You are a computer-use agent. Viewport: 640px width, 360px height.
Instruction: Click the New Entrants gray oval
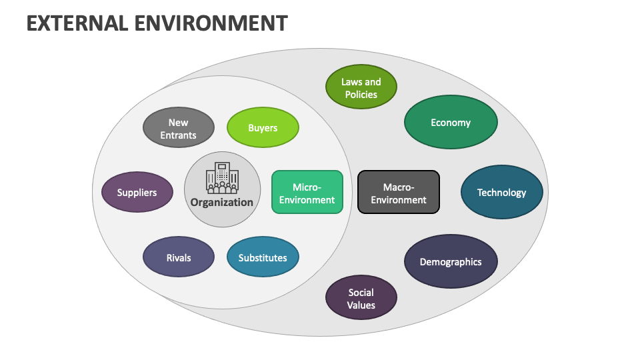pos(179,127)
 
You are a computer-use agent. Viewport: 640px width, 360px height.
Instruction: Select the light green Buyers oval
pos(263,127)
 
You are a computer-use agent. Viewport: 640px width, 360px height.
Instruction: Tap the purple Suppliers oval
pos(137,192)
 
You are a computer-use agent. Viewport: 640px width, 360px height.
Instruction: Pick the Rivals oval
pos(179,257)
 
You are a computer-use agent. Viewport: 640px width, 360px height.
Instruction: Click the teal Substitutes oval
pos(263,257)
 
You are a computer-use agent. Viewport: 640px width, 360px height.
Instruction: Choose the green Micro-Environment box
pos(307,192)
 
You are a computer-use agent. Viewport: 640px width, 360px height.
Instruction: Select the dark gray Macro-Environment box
pos(399,192)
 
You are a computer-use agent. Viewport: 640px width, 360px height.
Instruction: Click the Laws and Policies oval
pos(361,87)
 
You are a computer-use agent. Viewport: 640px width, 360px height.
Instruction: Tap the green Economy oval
pos(451,122)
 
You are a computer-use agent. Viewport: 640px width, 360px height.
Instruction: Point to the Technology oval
pos(501,192)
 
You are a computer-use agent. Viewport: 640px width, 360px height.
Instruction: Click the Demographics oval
pos(451,262)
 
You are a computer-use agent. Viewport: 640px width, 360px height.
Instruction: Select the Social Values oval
pos(361,298)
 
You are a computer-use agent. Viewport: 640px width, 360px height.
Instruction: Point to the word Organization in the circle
pos(222,202)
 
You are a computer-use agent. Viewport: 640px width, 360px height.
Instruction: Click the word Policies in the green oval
pos(361,95)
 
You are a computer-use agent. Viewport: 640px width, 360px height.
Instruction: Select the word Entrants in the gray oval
pos(179,135)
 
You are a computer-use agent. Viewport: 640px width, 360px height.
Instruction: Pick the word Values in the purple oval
pos(361,305)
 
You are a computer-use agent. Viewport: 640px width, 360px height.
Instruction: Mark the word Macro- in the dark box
pos(399,187)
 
